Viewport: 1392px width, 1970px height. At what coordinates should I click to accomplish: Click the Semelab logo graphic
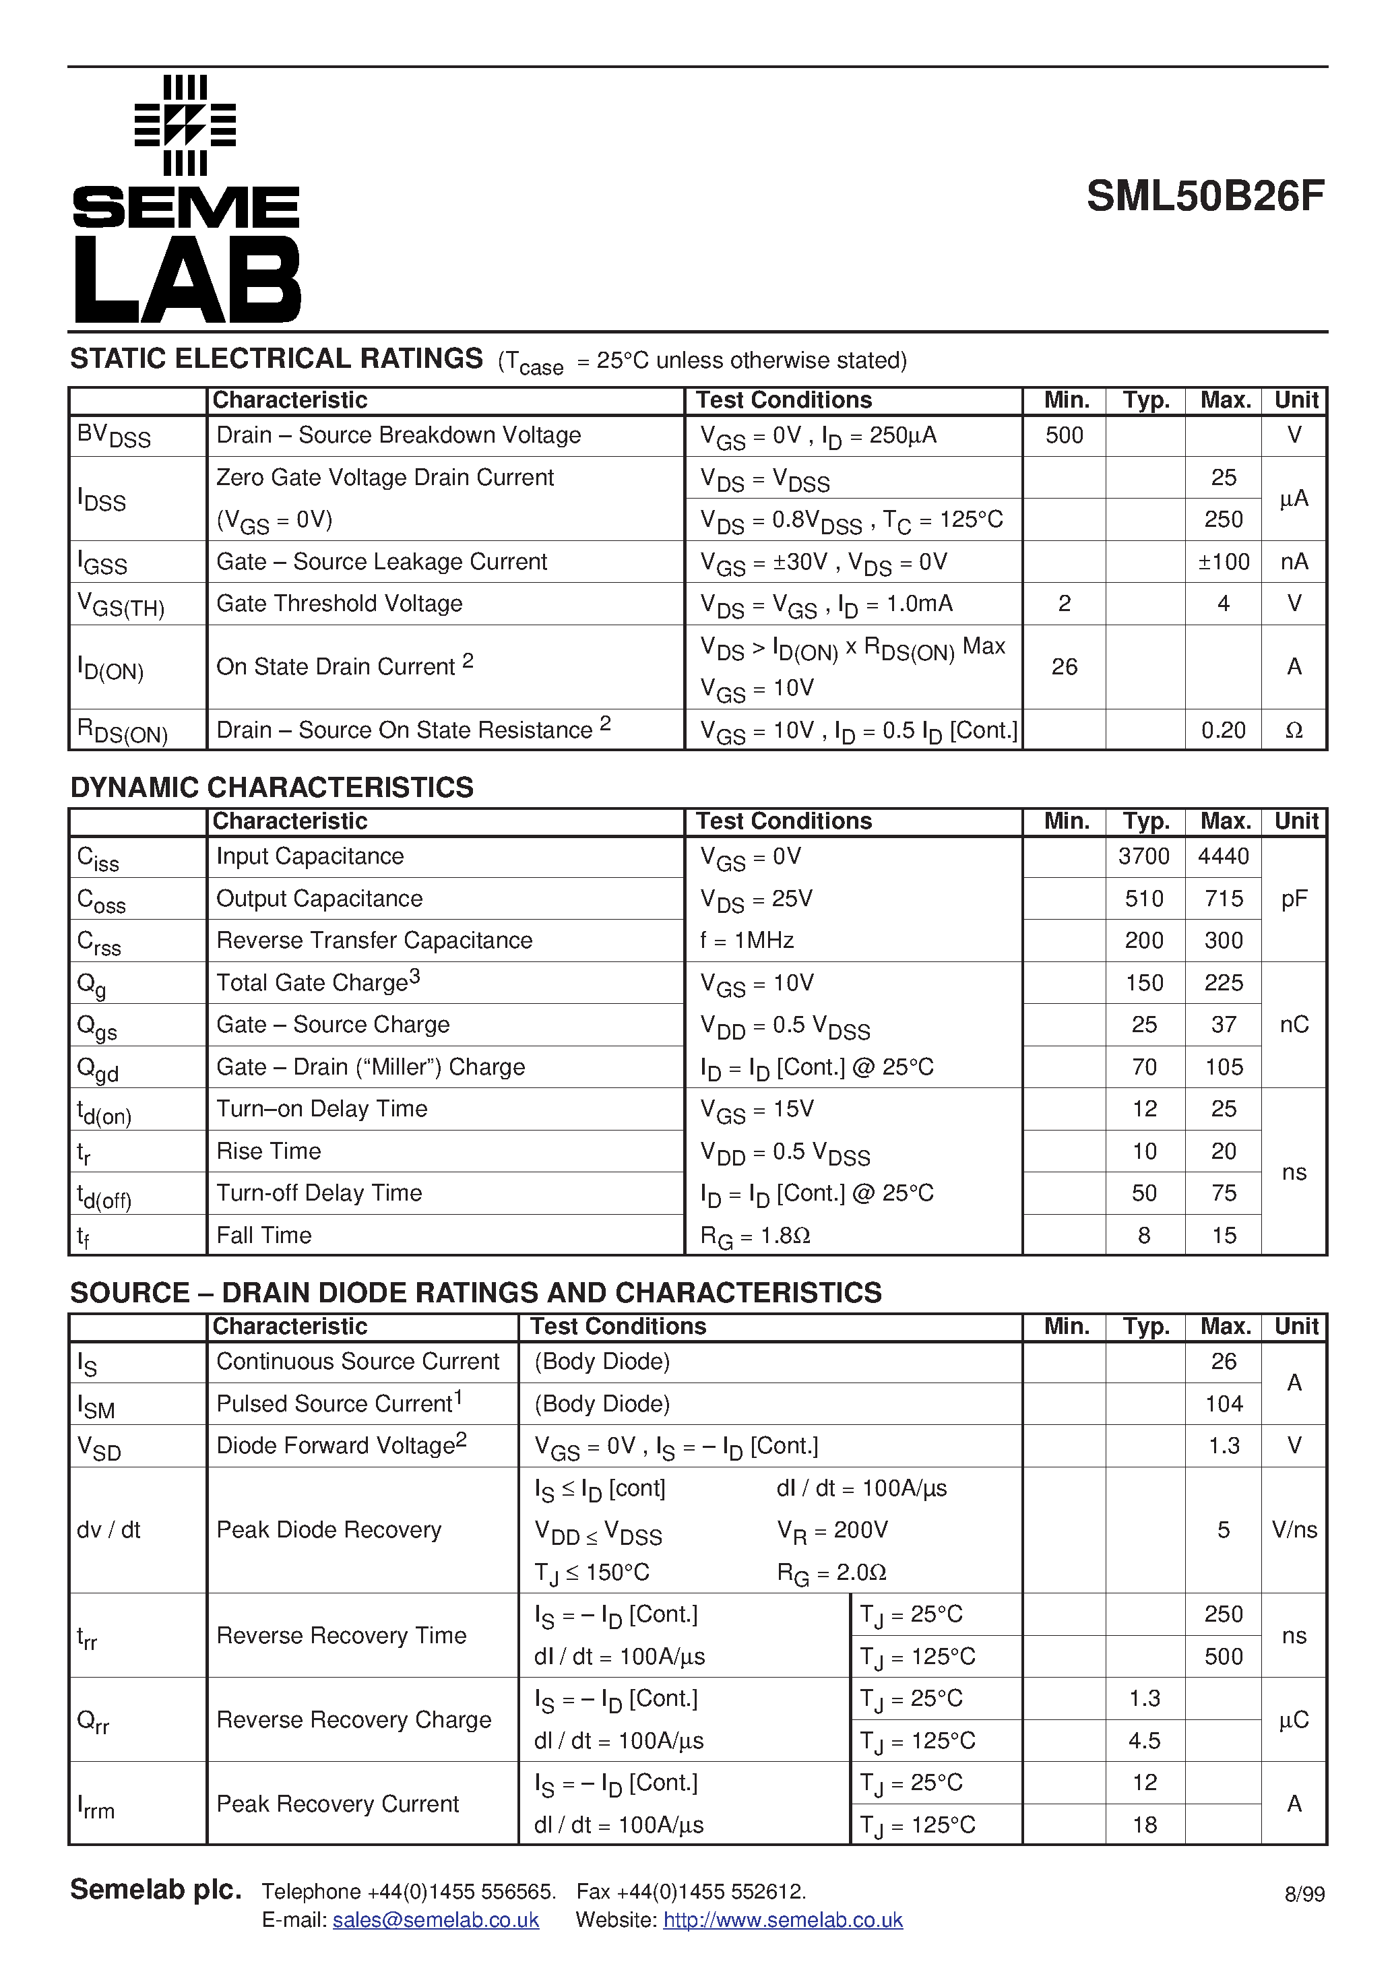pos(186,199)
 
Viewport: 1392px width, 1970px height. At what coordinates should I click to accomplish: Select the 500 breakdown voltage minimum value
pos(1063,436)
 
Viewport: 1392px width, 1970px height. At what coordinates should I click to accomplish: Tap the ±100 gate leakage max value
pos(1223,562)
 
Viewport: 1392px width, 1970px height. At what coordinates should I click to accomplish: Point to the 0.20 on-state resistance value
pos(1223,730)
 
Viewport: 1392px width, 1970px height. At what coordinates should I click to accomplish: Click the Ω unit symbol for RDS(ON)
pos(1294,730)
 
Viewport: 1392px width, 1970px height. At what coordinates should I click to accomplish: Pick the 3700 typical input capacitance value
pos(1144,856)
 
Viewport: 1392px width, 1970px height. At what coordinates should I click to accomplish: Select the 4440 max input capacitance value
pos(1223,856)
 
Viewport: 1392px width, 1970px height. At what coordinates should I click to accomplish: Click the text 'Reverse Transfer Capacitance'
pos(374,941)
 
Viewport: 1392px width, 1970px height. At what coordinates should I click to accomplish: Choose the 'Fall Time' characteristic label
pos(263,1236)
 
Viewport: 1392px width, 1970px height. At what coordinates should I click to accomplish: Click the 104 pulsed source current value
pos(1223,1403)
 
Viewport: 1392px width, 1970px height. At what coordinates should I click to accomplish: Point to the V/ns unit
pos(1294,1530)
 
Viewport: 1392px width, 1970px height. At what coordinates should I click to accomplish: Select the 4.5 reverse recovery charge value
pos(1144,1741)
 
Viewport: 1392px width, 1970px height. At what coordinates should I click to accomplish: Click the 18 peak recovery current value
pos(1144,1825)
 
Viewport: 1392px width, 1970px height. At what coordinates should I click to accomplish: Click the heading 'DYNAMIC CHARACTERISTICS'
pos(272,788)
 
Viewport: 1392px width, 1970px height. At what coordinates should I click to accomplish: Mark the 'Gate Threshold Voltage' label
pos(339,604)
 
